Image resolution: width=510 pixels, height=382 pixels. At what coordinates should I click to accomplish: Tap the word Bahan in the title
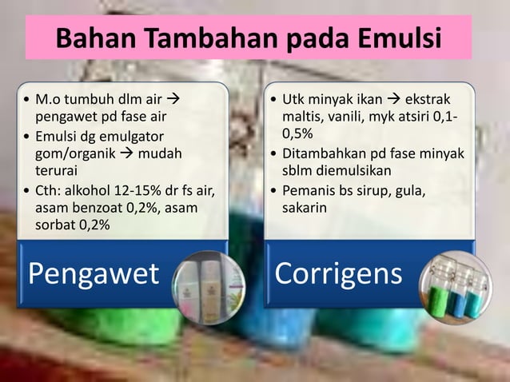click(90, 38)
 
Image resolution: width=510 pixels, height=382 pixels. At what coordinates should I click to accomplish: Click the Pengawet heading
click(93, 273)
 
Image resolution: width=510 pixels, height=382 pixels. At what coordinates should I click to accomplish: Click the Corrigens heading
click(338, 273)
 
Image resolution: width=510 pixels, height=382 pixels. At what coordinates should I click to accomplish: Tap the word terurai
click(54, 170)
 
